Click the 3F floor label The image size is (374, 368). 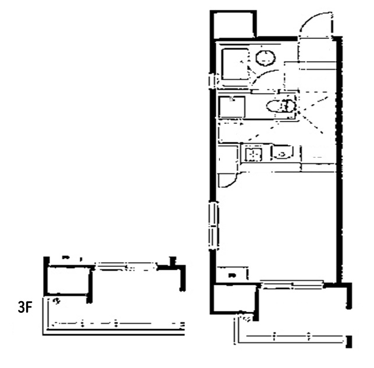click(25, 307)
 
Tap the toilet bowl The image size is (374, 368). click(281, 106)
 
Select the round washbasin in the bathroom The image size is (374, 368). click(265, 58)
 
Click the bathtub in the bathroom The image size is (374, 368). click(234, 64)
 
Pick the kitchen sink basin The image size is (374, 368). click(254, 153)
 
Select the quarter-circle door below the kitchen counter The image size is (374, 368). click(229, 180)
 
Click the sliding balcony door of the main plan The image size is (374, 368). click(292, 285)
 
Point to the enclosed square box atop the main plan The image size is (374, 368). click(233, 24)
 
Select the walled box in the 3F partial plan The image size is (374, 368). click(68, 280)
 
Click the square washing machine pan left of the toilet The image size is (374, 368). click(232, 107)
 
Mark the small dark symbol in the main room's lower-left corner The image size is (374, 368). click(232, 276)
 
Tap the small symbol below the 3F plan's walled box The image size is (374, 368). click(56, 301)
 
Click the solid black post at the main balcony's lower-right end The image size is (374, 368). click(349, 341)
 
